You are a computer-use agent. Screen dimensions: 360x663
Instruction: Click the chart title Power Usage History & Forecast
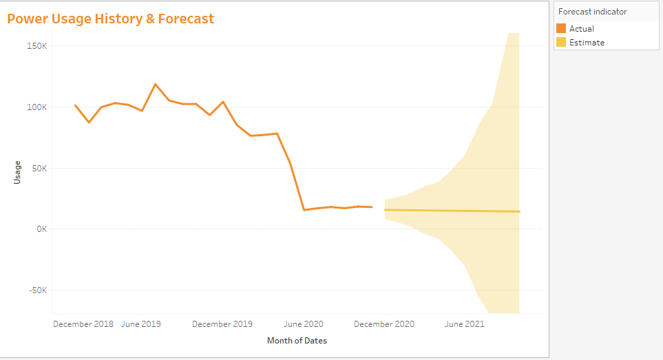[111, 19]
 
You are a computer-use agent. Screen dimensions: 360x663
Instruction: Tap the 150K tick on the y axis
[35, 46]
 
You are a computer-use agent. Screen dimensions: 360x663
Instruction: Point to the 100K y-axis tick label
[35, 107]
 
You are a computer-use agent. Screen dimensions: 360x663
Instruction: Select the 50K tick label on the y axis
[37, 168]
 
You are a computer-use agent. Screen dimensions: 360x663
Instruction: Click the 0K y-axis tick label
[39, 229]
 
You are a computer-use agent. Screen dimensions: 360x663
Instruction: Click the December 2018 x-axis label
[83, 324]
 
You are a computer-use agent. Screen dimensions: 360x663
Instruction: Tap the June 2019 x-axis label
[141, 324]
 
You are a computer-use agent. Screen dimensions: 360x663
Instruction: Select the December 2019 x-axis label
[222, 324]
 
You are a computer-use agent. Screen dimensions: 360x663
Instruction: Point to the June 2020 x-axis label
[304, 324]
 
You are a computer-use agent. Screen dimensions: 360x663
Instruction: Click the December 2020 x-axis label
[385, 324]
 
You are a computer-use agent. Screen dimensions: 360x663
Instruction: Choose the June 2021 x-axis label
[465, 324]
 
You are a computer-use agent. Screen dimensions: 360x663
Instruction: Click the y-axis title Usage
[18, 172]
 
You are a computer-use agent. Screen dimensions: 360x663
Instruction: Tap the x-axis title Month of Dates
[297, 341]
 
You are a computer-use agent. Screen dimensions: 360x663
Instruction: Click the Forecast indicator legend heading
[592, 12]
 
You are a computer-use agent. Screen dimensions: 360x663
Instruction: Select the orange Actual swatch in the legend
[561, 29]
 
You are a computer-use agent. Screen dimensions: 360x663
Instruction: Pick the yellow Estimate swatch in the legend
[561, 43]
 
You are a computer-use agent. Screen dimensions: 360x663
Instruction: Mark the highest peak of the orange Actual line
[156, 84]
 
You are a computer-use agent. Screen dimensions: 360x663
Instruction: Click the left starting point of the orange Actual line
[75, 105]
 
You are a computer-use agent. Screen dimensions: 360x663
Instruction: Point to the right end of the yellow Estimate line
[519, 211]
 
